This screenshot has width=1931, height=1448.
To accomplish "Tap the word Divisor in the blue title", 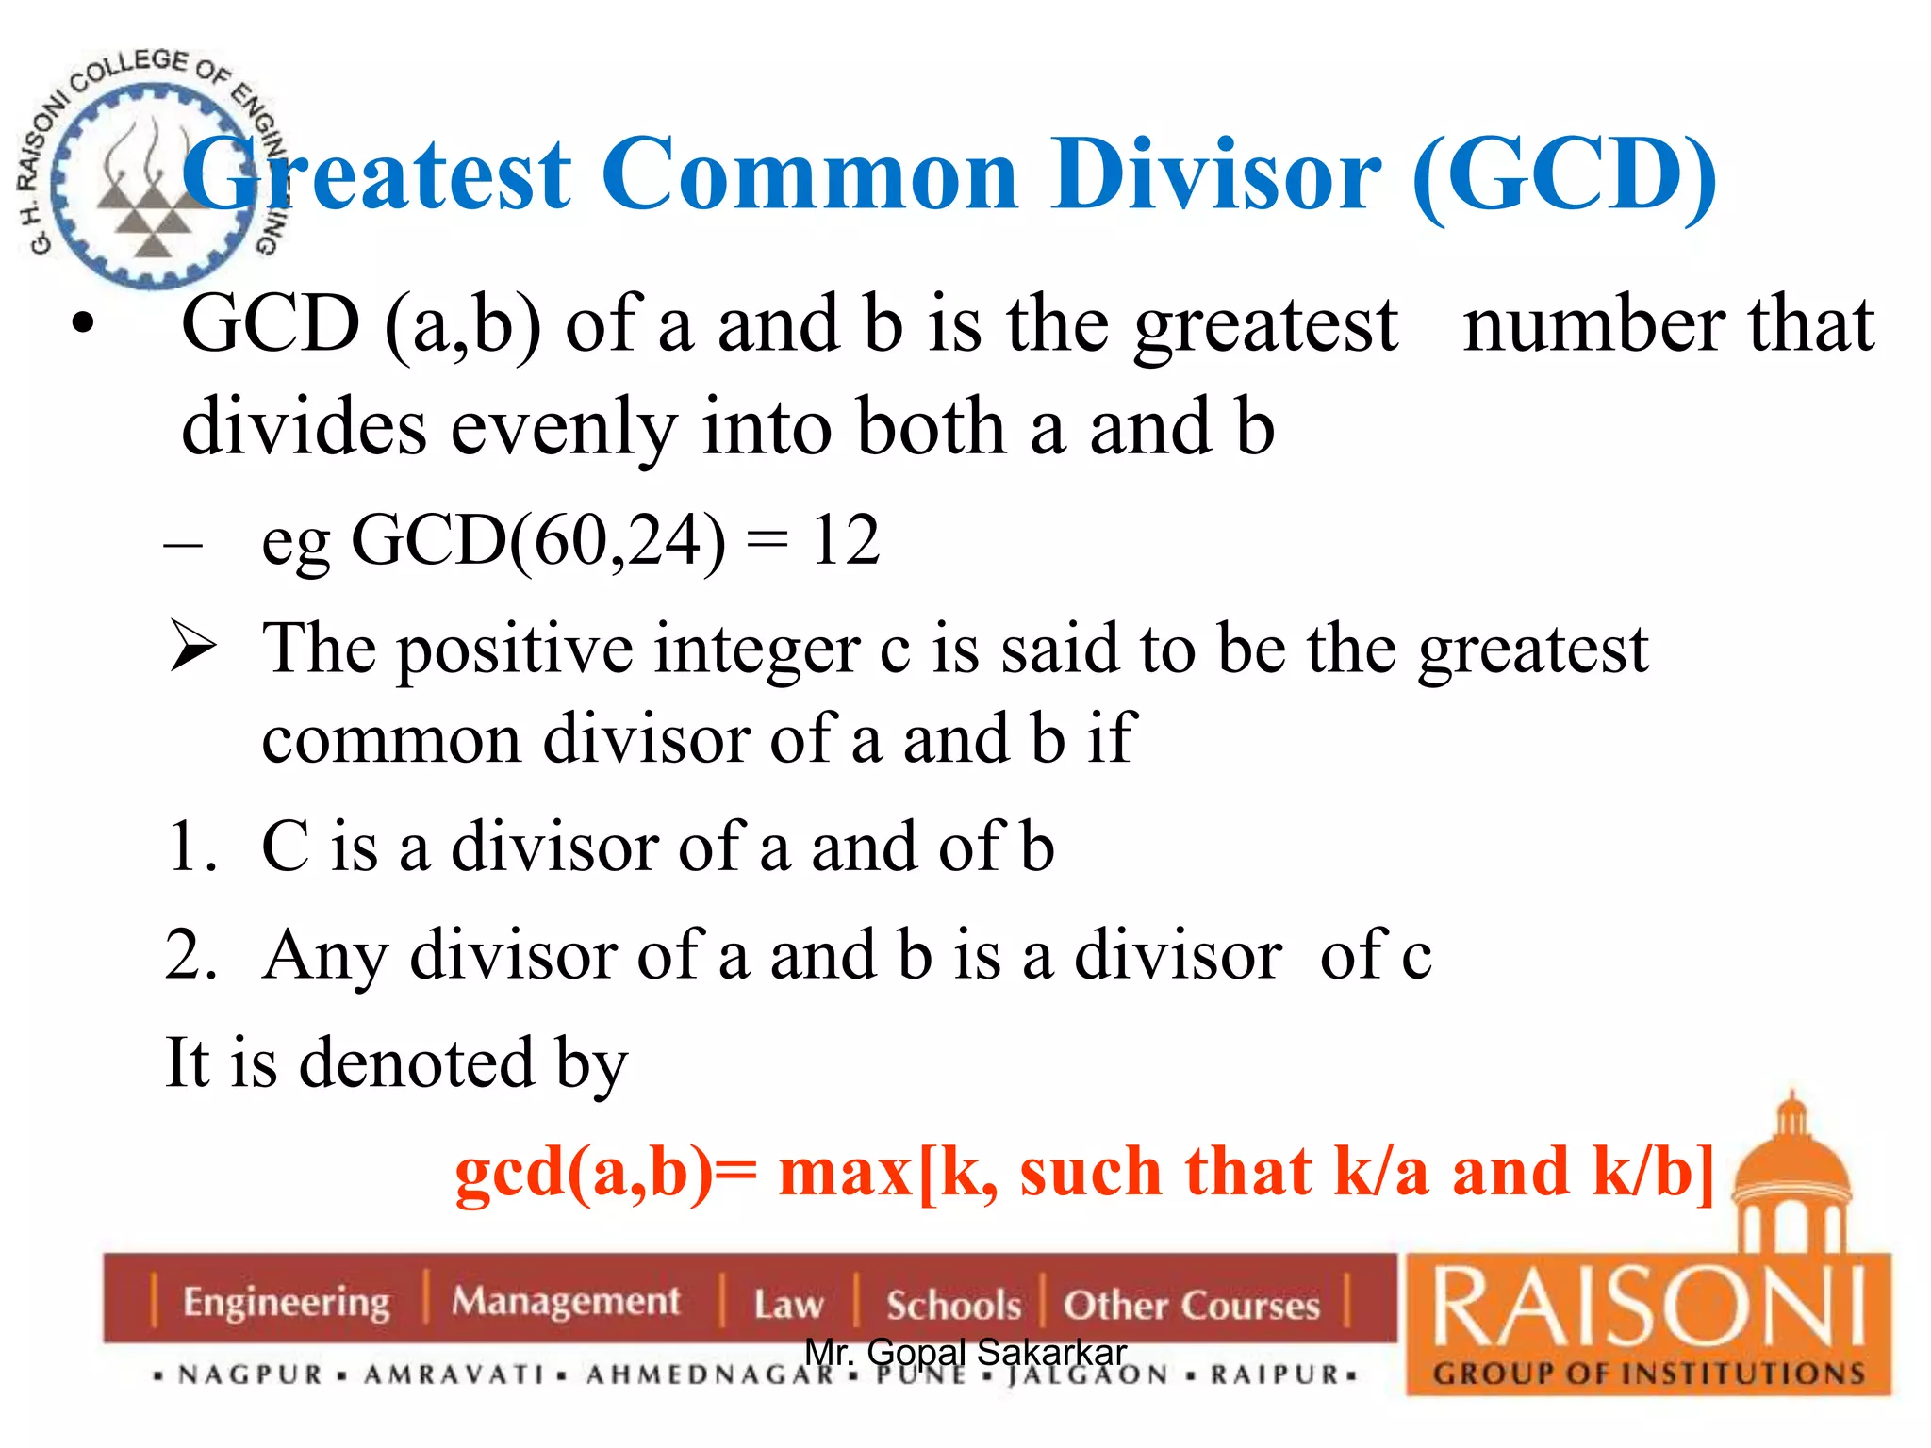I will click(x=1216, y=175).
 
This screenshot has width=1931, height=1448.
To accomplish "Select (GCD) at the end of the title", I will click(x=1564, y=175).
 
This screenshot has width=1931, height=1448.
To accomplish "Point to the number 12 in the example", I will click(x=845, y=541).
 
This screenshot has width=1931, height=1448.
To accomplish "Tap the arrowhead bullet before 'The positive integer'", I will click(x=193, y=649).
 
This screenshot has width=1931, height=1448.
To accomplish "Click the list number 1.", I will click(x=191, y=847).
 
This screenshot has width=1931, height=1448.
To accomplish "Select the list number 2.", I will click(x=191, y=954).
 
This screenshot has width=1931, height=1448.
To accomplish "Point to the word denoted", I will click(x=418, y=1063).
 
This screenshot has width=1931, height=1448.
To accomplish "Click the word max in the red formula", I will click(x=845, y=1173).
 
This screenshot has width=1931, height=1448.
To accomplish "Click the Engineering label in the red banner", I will click(x=287, y=1303).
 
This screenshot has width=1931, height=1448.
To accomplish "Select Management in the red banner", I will click(x=566, y=1302).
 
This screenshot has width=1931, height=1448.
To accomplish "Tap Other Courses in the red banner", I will click(x=1192, y=1306).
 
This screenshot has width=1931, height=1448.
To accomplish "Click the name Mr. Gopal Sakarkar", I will click(x=965, y=1352).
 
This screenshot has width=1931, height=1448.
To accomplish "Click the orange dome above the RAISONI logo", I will click(x=1792, y=1165).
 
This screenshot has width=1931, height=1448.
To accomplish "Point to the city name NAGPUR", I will click(x=251, y=1375).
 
